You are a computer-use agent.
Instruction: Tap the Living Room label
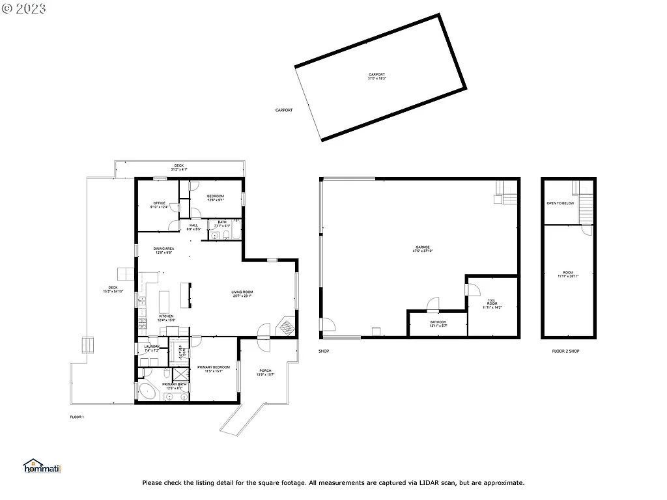click(x=242, y=292)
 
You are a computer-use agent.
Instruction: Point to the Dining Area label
click(x=163, y=249)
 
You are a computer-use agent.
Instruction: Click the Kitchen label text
click(x=166, y=316)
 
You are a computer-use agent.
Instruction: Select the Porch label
click(x=265, y=371)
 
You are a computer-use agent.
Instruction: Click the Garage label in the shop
click(x=423, y=247)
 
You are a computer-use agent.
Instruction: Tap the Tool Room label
click(x=492, y=302)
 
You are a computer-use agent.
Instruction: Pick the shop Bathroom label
click(x=438, y=322)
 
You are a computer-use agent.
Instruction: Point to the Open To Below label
click(x=560, y=203)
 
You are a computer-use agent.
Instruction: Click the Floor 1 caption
click(x=77, y=417)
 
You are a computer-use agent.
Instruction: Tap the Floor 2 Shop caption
click(x=565, y=351)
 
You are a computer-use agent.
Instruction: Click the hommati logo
click(x=41, y=466)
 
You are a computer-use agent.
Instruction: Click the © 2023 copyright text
click(x=24, y=9)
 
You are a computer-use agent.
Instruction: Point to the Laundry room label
click(x=152, y=347)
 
